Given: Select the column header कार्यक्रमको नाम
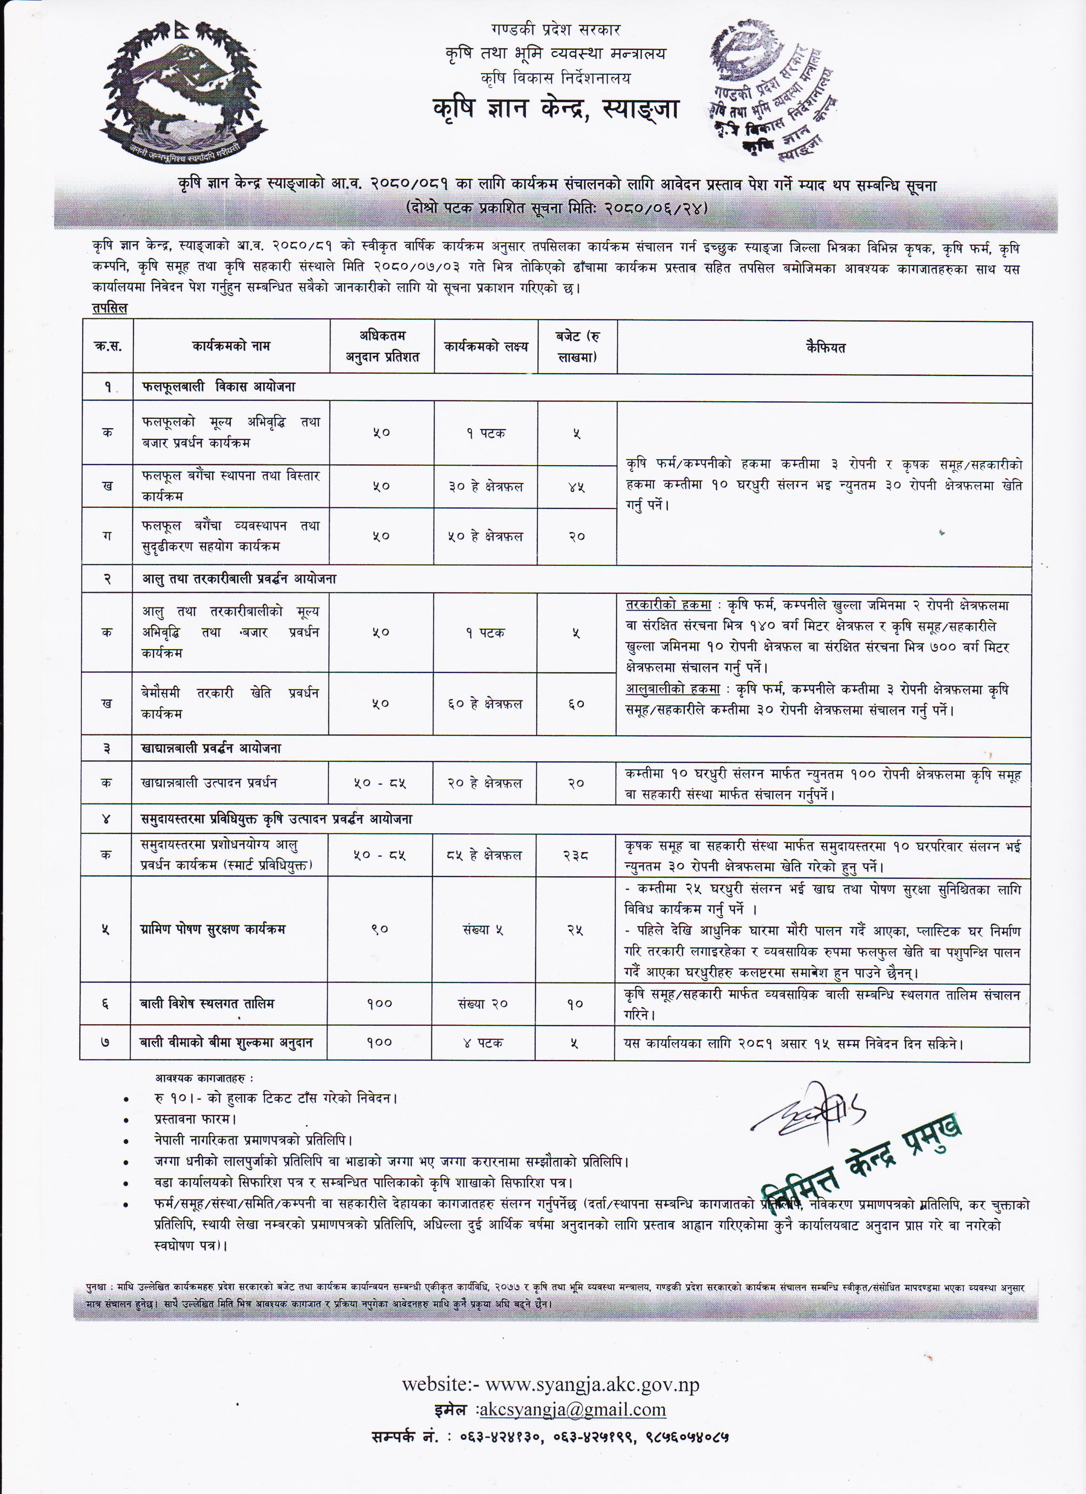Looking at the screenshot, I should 231,346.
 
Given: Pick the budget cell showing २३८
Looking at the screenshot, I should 576,855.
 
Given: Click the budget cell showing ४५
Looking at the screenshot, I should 576,487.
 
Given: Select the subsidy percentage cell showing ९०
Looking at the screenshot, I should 380,930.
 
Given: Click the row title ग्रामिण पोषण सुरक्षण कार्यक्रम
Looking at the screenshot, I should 213,930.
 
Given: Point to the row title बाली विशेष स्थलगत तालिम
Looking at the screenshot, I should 207,1004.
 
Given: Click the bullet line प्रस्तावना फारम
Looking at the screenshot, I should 195,1119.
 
